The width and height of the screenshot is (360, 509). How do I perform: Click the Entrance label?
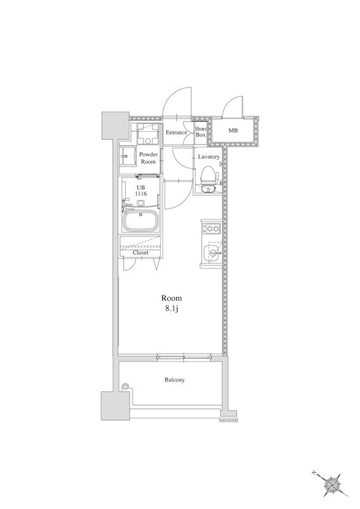coord(176,132)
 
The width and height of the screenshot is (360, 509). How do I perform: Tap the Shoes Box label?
coord(200,132)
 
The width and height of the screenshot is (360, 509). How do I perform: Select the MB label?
coord(233,131)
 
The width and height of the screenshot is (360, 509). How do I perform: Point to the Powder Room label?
coord(148,158)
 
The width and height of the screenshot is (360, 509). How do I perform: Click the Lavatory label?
coord(209,157)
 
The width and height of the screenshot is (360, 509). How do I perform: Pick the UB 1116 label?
coord(142,191)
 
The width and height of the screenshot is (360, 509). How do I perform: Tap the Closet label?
coord(141,253)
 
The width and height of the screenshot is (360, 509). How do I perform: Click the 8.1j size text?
coord(172,309)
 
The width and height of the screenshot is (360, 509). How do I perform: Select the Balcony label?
coord(175,379)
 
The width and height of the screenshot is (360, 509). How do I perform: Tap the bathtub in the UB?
coord(141,221)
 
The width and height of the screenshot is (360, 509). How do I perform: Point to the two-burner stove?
coord(212,228)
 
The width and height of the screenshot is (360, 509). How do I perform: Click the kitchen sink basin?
coord(212,253)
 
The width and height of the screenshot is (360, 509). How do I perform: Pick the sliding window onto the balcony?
coord(184,358)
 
